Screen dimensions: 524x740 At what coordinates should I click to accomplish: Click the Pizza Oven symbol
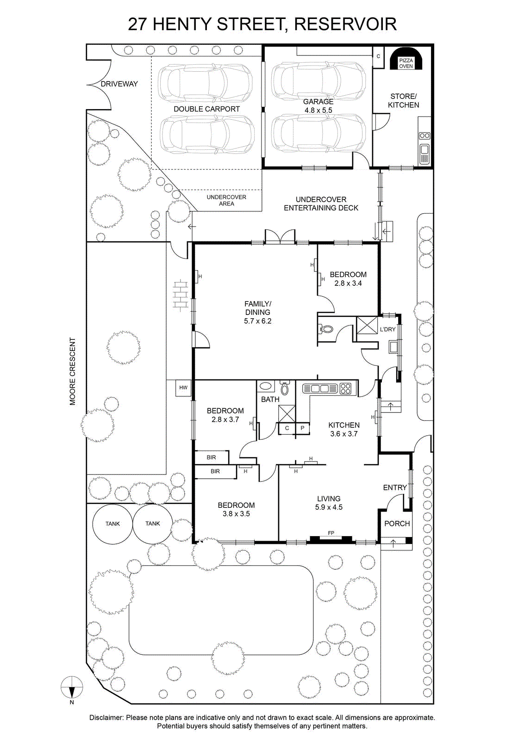406,58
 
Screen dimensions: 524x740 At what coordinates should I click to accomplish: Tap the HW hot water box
183,388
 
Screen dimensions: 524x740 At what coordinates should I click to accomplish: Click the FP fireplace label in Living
331,532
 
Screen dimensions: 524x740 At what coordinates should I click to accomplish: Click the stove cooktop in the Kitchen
346,388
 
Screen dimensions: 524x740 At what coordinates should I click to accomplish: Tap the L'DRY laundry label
387,329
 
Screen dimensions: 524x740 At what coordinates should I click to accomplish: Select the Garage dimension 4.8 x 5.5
318,111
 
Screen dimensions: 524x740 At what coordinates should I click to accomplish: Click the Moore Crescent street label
73,371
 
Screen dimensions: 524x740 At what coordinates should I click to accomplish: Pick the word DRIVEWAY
119,84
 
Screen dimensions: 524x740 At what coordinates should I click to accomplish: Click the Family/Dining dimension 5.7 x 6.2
257,321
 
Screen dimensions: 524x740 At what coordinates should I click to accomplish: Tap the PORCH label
397,524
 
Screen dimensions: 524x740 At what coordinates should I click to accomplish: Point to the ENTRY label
395,487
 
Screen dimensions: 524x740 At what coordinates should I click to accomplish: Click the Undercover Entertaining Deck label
321,203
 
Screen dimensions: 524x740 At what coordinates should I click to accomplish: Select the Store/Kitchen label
403,101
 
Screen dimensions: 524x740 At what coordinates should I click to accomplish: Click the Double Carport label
206,109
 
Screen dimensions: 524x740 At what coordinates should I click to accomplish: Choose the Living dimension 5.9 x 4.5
329,507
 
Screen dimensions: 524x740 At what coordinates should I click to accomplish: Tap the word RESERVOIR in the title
345,24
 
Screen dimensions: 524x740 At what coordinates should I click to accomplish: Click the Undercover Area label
226,200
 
